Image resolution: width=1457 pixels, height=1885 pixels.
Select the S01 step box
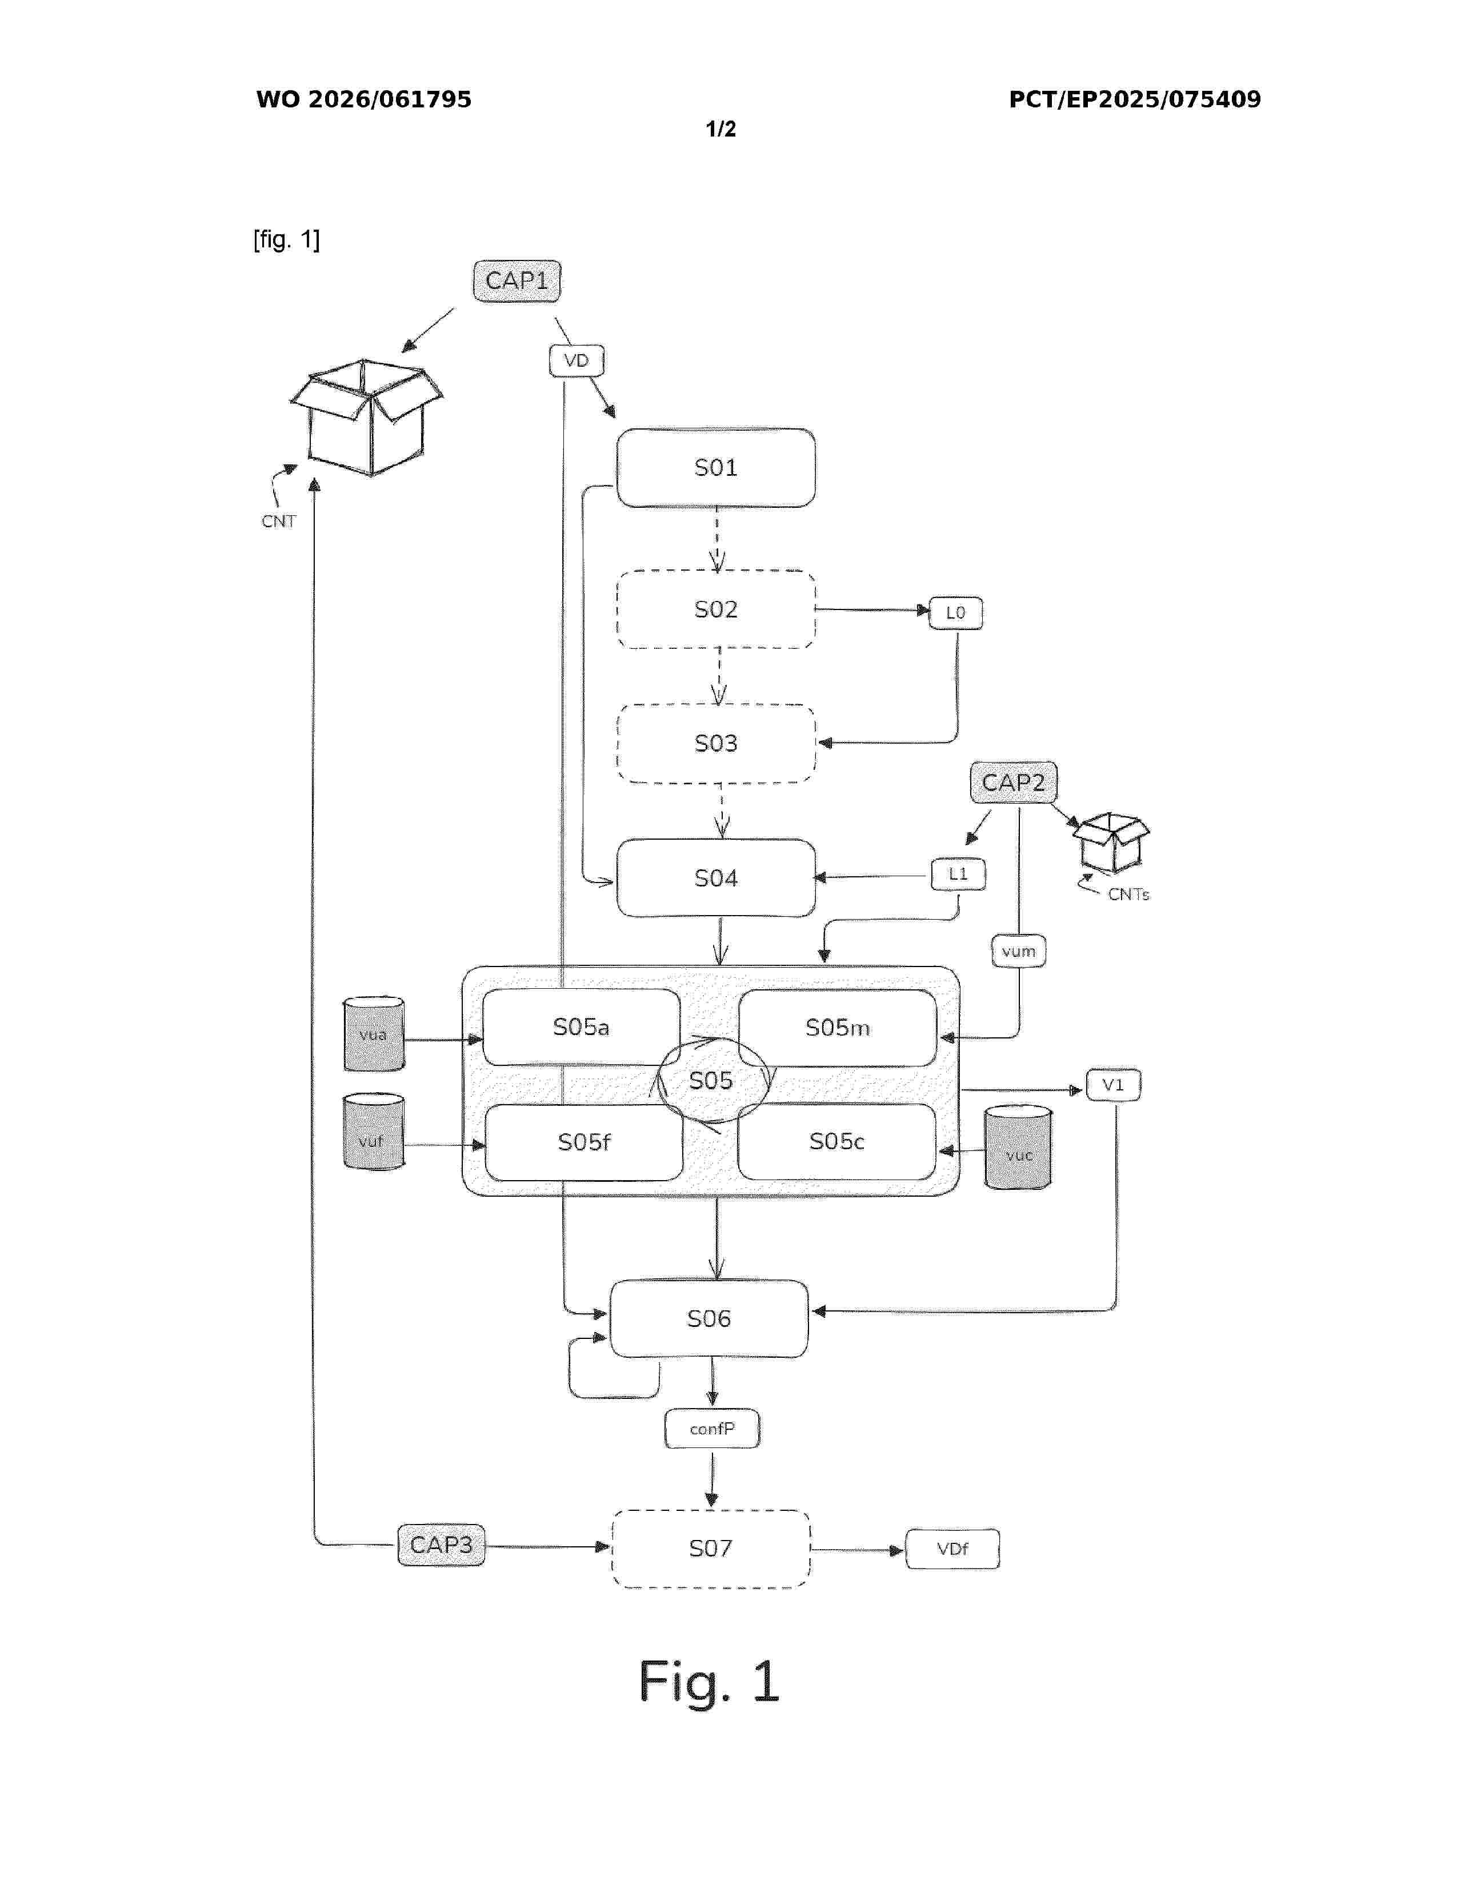tap(715, 468)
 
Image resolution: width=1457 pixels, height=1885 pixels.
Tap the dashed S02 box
tap(715, 609)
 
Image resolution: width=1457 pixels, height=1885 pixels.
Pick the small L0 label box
tap(955, 613)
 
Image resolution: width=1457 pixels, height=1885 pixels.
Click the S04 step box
tap(715, 878)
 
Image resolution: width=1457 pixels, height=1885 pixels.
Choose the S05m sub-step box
tap(836, 1027)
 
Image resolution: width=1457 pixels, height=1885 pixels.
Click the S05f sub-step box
tap(583, 1142)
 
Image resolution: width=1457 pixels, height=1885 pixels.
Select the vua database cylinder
tap(374, 1034)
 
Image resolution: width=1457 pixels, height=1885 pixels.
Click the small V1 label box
tap(1112, 1085)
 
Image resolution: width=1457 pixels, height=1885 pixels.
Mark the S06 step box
tap(709, 1318)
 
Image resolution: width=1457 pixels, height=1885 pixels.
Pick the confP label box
tap(712, 1429)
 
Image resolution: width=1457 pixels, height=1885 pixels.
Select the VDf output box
tap(952, 1549)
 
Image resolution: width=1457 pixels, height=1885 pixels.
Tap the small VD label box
tap(577, 361)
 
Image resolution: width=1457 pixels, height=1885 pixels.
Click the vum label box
tap(1019, 951)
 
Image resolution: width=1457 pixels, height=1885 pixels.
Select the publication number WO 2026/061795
tap(363, 99)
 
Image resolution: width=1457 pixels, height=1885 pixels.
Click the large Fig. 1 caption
tap(709, 1681)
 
